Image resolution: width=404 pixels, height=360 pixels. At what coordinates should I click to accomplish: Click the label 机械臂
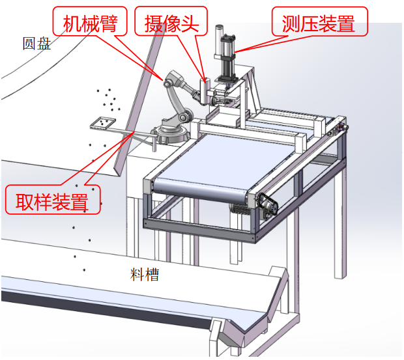[90, 23]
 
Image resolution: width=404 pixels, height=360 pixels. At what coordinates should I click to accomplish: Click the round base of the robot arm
[171, 133]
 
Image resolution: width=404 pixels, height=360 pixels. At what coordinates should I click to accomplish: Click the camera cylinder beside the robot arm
[204, 90]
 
